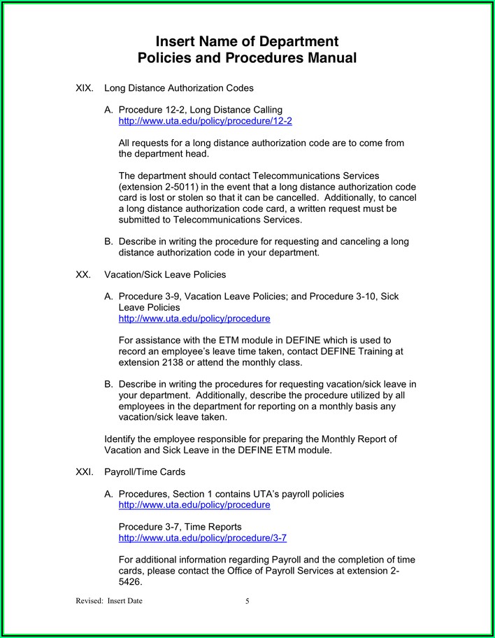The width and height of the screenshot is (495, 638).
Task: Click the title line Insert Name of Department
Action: pyautogui.click(x=247, y=41)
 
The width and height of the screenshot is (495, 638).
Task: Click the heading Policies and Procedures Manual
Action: pyautogui.click(x=247, y=58)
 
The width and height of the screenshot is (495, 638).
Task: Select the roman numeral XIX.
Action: pyautogui.click(x=84, y=89)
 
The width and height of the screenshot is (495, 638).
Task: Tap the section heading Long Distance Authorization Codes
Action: pyautogui.click(x=178, y=89)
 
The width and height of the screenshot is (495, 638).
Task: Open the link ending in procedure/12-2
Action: pyautogui.click(x=205, y=121)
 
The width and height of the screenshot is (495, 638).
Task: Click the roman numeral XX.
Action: pyautogui.click(x=82, y=275)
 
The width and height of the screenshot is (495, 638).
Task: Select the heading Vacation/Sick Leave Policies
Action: pyautogui.click(x=165, y=275)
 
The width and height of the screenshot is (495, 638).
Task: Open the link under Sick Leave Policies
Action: pyautogui.click(x=194, y=318)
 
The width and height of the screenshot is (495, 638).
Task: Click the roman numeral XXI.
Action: pyautogui.click(x=85, y=472)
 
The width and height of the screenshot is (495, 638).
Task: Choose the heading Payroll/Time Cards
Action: pyautogui.click(x=145, y=472)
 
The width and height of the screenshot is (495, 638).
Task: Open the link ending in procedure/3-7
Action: pyautogui.click(x=202, y=538)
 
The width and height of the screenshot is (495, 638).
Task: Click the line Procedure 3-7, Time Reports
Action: pyautogui.click(x=180, y=527)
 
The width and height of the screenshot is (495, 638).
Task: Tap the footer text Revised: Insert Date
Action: pyautogui.click(x=108, y=601)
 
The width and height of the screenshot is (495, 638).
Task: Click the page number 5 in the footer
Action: pyautogui.click(x=247, y=601)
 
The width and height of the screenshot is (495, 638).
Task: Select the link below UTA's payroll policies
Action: pyautogui.click(x=194, y=504)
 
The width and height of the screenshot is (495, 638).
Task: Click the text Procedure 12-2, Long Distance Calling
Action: pyautogui.click(x=200, y=110)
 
